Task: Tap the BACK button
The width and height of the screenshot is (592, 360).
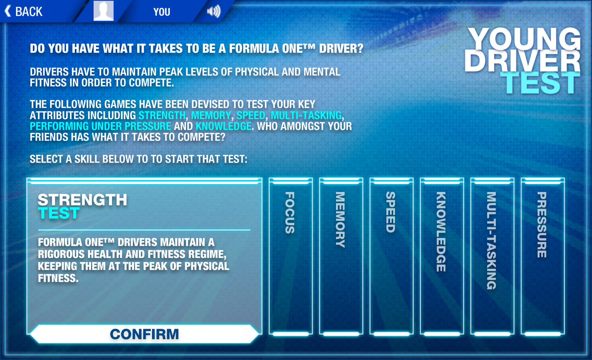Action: [24, 12]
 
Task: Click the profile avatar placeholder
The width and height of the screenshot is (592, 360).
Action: [104, 10]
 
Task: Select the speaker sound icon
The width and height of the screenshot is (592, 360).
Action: [214, 12]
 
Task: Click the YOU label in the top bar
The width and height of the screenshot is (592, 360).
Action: [162, 12]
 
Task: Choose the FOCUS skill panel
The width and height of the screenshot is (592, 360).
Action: [291, 256]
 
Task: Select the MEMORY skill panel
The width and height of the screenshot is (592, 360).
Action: [341, 256]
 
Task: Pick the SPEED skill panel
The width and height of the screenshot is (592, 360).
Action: [392, 256]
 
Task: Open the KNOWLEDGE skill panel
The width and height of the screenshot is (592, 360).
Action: [442, 256]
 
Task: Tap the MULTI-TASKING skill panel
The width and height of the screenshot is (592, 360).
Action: [492, 256]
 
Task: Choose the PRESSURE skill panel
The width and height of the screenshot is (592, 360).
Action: [543, 256]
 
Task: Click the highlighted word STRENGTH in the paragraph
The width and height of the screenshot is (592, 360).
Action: [162, 116]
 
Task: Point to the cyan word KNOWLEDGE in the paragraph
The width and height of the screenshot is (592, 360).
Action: [224, 126]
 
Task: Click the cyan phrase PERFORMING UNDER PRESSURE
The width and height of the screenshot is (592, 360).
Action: [100, 126]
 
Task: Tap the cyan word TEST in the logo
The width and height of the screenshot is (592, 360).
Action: [540, 83]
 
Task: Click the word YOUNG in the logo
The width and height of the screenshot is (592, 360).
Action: [524, 39]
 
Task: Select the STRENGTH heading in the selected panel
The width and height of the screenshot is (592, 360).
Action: [82, 200]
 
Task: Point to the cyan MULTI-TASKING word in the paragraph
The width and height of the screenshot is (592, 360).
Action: [306, 116]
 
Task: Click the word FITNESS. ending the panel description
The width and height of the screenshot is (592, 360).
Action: [58, 278]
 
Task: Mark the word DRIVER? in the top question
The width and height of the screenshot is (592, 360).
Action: [341, 49]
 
